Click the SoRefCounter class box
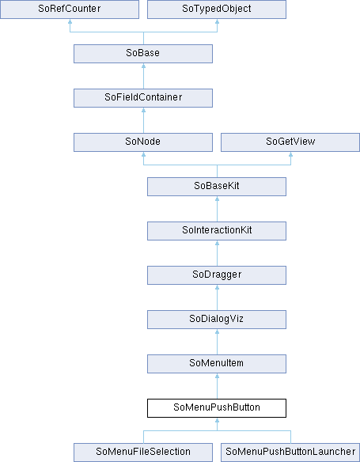pos(70,9)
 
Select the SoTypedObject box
pos(217,9)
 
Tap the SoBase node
pos(143,54)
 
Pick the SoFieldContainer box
pos(143,98)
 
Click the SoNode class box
pos(143,142)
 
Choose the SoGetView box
pos(290,142)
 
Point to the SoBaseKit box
pos(217,187)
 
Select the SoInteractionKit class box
pos(217,231)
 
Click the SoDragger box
pos(217,275)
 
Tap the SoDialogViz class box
pos(217,320)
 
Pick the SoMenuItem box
pos(217,364)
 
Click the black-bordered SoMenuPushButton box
pos(217,408)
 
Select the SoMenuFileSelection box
pos(143,453)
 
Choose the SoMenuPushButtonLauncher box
pos(290,453)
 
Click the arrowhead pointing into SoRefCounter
pos(70,21)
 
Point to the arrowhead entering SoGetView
pos(291,154)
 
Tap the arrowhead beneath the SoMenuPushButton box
pos(217,420)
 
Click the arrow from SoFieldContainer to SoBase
pos(143,76)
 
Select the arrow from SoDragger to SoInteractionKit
pos(217,253)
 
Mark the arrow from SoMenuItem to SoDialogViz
pos(217,342)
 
